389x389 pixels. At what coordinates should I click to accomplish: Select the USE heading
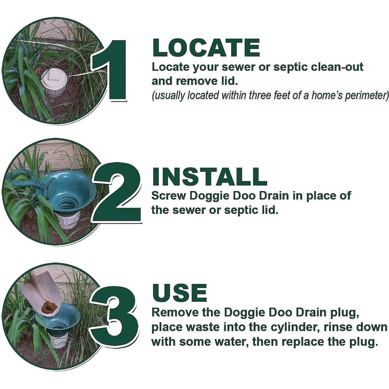[x=179, y=293]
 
